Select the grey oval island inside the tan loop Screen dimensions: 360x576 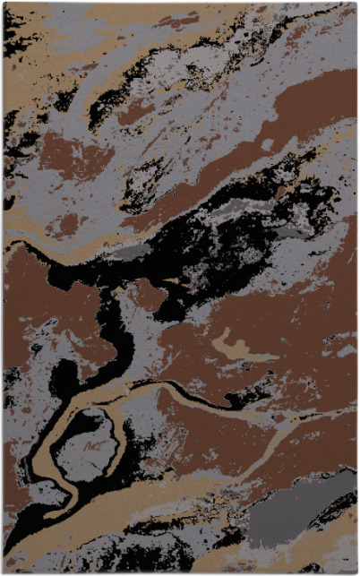pyautogui.click(x=87, y=445)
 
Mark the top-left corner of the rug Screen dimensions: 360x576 pyautogui.click(x=3, y=3)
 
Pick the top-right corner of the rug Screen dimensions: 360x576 pyautogui.click(x=356, y=3)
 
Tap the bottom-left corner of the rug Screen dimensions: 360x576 pyautogui.click(x=3, y=572)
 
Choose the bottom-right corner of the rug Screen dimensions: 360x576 pyautogui.click(x=356, y=572)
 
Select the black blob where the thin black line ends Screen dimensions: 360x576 pyautogui.click(x=261, y=389)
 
